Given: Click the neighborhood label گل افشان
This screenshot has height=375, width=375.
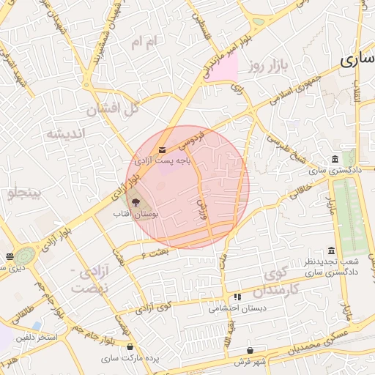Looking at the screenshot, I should [x=113, y=110].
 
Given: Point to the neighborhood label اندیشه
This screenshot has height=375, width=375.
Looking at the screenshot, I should [x=65, y=133].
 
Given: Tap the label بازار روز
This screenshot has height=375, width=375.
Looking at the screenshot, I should [x=264, y=67].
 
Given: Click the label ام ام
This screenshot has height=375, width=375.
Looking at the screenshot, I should [x=144, y=43].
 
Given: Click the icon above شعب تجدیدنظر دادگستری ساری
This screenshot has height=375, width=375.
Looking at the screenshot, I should [x=331, y=251].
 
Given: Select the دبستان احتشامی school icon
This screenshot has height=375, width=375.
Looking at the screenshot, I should [x=237, y=297].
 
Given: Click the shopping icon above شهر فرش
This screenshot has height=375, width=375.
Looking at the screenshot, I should [x=251, y=350].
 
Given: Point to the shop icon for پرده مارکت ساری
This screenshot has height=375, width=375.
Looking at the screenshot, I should [x=130, y=346].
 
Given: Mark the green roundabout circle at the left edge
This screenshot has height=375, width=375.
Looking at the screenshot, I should [x=25, y=256].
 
